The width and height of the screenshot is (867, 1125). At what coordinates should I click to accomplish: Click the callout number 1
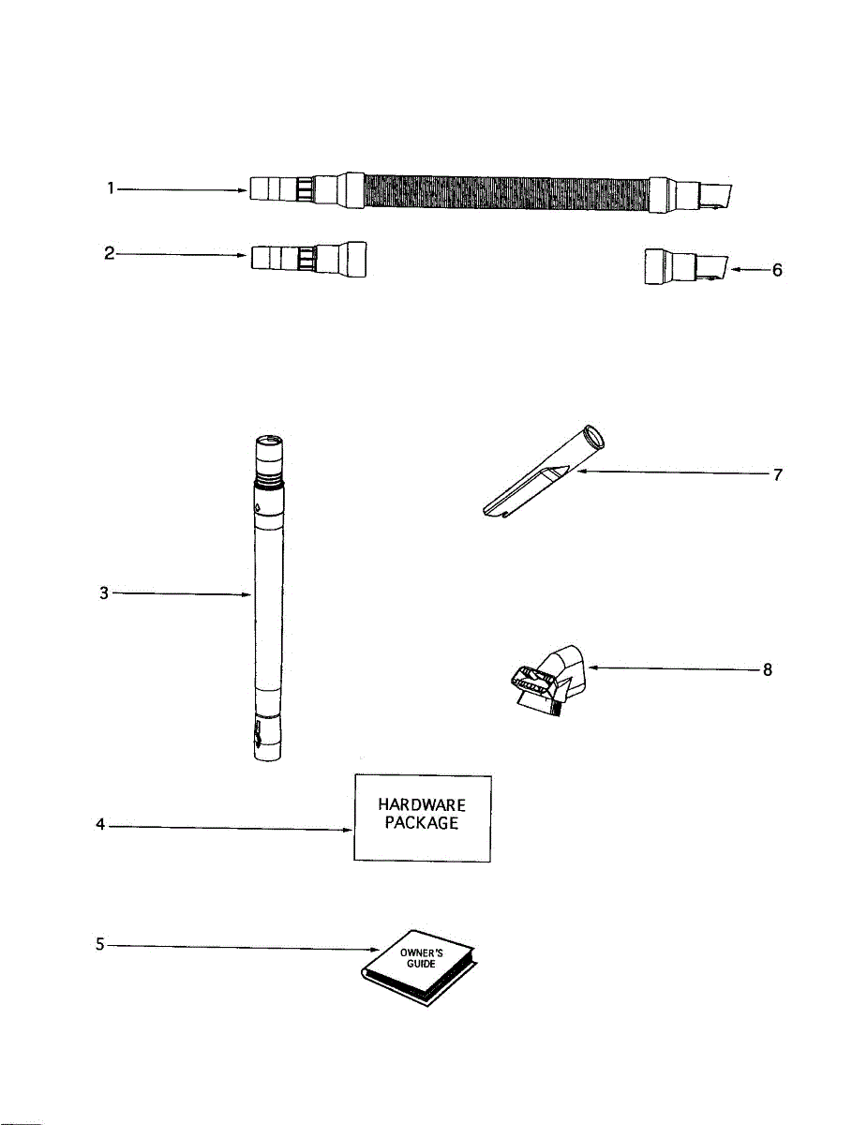coord(110,188)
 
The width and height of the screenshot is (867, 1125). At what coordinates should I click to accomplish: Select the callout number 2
coord(110,253)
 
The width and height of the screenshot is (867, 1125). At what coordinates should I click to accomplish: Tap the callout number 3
coord(105,593)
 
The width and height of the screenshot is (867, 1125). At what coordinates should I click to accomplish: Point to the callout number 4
coord(100,827)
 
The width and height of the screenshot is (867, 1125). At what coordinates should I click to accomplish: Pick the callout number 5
coord(100,945)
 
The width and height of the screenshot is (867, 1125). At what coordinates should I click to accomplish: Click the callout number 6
coord(775,270)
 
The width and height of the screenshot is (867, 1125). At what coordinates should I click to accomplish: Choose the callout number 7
coord(777,474)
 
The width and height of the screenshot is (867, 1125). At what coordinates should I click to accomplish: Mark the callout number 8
coord(768,670)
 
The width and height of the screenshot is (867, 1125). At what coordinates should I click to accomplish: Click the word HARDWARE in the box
coord(422,805)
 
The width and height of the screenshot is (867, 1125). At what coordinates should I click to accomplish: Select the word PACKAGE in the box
coord(422,824)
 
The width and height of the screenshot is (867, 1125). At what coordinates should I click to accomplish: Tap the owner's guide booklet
coord(419,966)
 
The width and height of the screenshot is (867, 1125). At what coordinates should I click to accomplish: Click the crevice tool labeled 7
coord(539,478)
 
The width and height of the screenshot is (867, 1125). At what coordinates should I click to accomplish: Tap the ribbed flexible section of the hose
coord(506,192)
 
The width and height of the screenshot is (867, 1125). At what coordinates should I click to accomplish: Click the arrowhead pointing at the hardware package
coord(347,829)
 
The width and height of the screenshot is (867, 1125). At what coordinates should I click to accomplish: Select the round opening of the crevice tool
coord(593,437)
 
